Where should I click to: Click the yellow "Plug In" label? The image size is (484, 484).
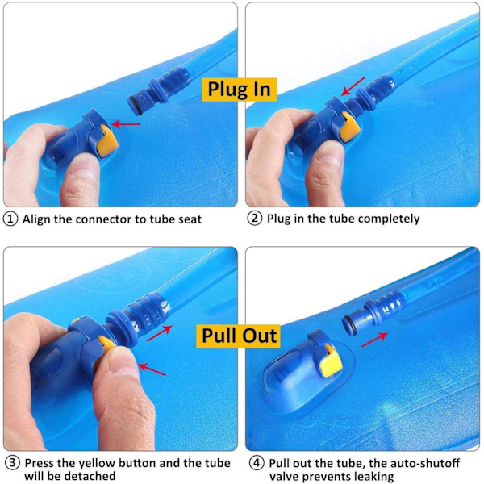pos(240,90)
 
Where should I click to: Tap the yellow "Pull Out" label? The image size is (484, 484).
pos(238,336)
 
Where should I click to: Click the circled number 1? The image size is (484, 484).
pos(10,219)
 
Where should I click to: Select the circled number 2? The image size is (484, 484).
pos(255,219)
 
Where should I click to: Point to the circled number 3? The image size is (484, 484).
pos(13,463)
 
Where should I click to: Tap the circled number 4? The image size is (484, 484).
pos(257,463)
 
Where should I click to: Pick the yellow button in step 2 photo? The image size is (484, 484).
pos(349,127)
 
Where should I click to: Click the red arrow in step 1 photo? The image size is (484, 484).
pos(126,124)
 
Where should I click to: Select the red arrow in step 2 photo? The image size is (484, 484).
pos(353,86)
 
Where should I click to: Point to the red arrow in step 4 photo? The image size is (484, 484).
pos(375,339)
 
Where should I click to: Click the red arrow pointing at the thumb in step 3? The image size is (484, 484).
pos(152,369)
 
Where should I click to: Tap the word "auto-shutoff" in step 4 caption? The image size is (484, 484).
pos(425,463)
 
